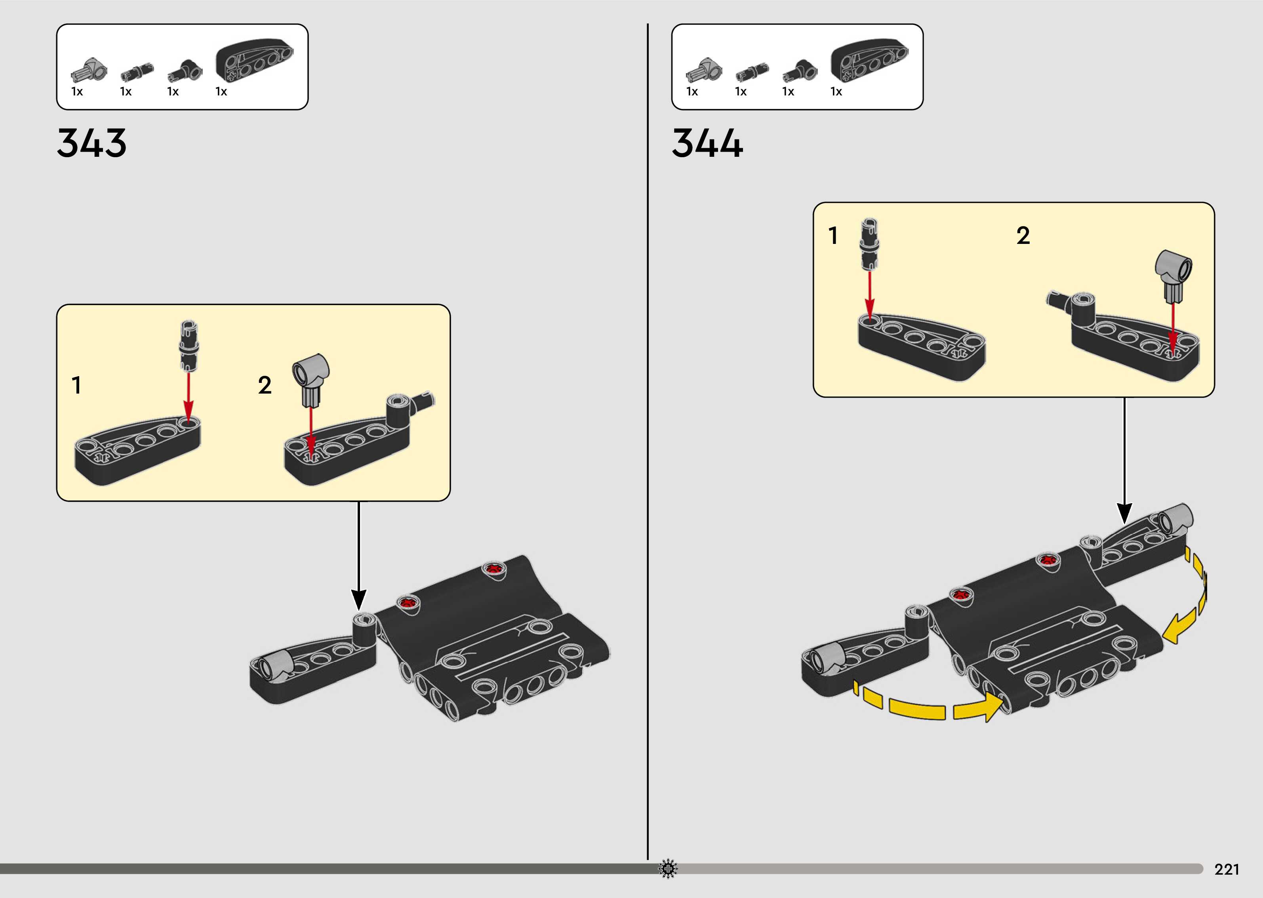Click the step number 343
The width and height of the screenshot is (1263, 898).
(92, 143)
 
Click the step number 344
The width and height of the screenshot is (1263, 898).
(707, 143)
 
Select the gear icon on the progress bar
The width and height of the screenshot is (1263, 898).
(668, 869)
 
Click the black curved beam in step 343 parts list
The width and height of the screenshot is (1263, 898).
(254, 60)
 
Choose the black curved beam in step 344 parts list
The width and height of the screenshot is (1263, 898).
(869, 60)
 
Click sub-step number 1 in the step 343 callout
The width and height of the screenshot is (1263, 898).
(77, 385)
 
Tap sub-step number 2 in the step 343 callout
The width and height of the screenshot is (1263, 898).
(265, 385)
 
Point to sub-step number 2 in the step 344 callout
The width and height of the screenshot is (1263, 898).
(1023, 236)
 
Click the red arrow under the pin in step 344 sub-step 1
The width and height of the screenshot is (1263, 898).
(870, 296)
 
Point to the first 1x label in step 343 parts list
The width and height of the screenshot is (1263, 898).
(77, 92)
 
